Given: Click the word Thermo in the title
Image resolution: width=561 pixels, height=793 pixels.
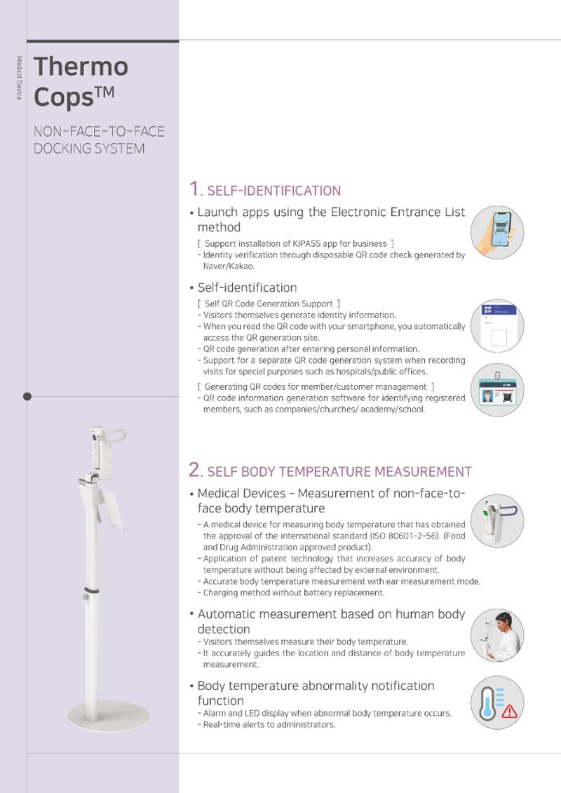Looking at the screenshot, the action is click(x=81, y=66).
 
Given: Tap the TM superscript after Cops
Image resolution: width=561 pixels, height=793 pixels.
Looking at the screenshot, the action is click(x=104, y=92).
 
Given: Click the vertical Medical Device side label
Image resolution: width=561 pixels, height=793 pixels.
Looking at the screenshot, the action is click(x=19, y=78).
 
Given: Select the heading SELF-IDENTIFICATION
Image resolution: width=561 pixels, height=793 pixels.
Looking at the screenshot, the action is click(x=273, y=191).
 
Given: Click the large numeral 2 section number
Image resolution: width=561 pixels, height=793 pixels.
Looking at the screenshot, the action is click(x=195, y=469).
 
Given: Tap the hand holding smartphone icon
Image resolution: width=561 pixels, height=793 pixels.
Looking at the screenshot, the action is click(x=497, y=232).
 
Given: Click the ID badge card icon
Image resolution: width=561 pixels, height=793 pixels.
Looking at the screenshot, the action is click(x=497, y=390).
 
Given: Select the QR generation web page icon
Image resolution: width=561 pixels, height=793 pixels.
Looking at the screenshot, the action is click(x=497, y=326).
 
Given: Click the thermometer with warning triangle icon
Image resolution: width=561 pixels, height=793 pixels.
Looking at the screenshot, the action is click(x=497, y=703).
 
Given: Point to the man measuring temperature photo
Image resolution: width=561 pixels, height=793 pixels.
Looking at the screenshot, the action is click(x=497, y=635).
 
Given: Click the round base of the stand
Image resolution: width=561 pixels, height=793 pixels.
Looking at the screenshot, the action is click(x=108, y=716).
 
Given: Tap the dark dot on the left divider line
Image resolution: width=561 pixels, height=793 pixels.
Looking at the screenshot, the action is click(x=27, y=397).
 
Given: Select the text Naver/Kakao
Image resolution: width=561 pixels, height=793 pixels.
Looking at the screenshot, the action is click(x=228, y=266).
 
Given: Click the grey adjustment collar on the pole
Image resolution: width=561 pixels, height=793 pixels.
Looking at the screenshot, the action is click(x=92, y=590).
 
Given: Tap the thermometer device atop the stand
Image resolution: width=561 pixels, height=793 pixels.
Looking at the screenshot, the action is click(x=103, y=452).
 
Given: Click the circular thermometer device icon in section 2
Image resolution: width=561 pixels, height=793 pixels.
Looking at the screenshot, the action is click(x=497, y=521).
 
